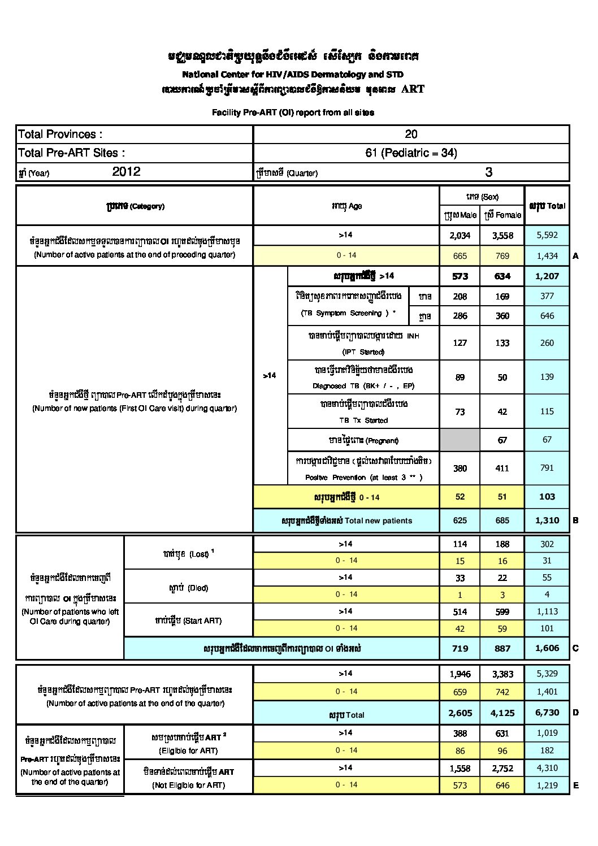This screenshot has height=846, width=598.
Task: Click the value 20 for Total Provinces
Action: pyautogui.click(x=411, y=134)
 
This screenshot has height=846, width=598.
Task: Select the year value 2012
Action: pyautogui.click(x=126, y=172)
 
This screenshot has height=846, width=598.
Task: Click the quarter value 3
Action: pyautogui.click(x=488, y=172)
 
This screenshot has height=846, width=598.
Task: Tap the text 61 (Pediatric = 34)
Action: pyautogui.click(x=411, y=153)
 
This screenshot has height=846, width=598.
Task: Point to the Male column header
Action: pyautogui.click(x=460, y=215)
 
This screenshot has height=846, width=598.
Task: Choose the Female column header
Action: pyautogui.click(x=502, y=215)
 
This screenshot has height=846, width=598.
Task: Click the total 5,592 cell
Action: pyautogui.click(x=547, y=235)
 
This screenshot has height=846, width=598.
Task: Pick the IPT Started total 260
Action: pyautogui.click(x=547, y=342)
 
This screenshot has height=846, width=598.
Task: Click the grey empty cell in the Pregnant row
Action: pyautogui.click(x=460, y=440)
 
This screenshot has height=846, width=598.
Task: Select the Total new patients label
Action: pyautogui.click(x=346, y=520)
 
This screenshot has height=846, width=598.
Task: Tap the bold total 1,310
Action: pyautogui.click(x=547, y=520)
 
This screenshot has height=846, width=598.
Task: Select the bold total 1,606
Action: pyautogui.click(x=547, y=648)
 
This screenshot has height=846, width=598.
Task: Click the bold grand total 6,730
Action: pyautogui.click(x=547, y=713)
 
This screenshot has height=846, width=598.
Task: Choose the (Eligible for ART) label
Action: pyautogui.click(x=188, y=750)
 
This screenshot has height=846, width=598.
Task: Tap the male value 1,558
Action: pyautogui.click(x=460, y=768)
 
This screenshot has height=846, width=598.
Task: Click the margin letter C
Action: pyautogui.click(x=575, y=648)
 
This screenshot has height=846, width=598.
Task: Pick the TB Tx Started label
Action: pyautogui.click(x=363, y=420)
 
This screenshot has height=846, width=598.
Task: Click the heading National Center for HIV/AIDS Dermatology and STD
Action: pyautogui.click(x=293, y=74)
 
